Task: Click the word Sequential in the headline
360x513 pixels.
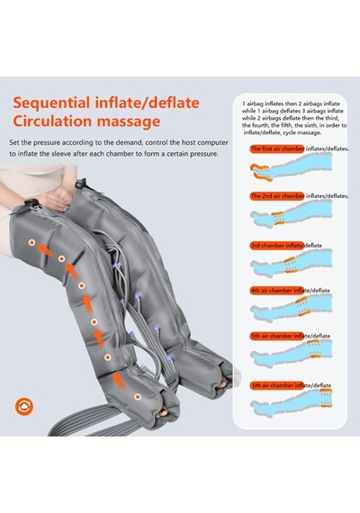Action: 51,103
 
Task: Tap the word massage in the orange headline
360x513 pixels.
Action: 129,121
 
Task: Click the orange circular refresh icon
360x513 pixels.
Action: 24,407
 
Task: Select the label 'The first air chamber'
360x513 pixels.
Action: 277,148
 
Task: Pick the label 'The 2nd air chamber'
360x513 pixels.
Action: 277,196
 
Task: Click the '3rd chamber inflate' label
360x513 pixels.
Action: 277,246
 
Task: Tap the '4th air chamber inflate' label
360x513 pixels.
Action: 277,291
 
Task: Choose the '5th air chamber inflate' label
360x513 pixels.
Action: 277,336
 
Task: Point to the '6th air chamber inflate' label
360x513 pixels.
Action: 277,385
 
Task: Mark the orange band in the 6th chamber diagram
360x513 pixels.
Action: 327,398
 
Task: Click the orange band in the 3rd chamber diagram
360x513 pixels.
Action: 291,265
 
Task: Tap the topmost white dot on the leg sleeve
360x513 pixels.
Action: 31,242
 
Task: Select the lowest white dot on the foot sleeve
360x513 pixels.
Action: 138,397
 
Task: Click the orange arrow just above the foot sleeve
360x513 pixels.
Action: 119,381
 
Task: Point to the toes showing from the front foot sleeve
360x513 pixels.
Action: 163,413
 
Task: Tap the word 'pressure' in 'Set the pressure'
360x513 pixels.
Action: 47,142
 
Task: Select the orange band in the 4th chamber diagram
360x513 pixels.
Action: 301,307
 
